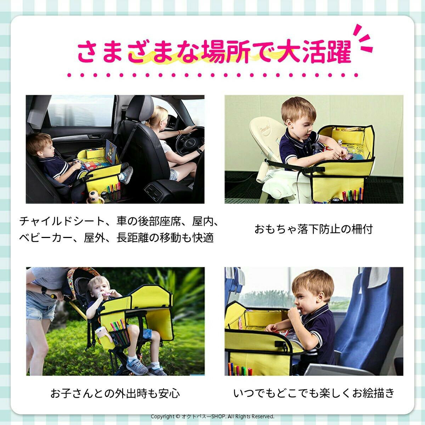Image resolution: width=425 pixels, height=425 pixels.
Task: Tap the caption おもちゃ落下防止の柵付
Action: pos(313,229)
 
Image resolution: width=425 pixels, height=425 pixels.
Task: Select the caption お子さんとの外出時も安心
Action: pos(115,393)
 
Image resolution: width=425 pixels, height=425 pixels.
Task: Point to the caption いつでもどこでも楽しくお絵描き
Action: pos(313,393)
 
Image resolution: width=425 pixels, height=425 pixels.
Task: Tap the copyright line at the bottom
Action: pos(212,416)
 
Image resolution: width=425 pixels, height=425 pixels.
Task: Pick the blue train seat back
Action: pos(368,319)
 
